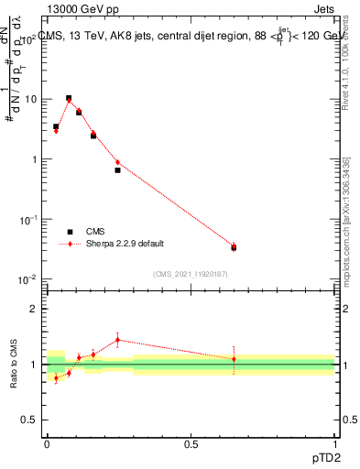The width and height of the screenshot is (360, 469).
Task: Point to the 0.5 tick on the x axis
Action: point(191,443)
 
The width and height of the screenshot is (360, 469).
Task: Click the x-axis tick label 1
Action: point(334,443)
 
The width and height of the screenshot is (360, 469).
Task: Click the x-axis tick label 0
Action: point(47,443)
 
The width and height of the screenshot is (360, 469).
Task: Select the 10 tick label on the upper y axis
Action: point(32,99)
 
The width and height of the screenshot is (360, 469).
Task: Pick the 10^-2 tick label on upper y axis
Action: point(30,279)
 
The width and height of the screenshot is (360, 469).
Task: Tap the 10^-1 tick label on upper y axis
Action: point(30,220)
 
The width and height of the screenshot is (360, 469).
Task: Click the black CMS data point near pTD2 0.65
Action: point(234,247)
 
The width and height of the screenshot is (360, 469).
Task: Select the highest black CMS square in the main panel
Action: point(69,98)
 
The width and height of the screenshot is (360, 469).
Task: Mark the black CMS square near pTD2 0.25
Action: point(117,170)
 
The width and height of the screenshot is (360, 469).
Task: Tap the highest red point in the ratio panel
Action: point(117,340)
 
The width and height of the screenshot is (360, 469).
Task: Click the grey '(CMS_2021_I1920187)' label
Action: point(190,273)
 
